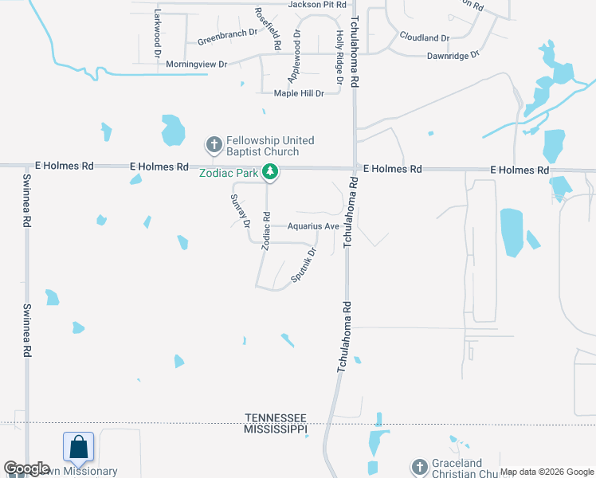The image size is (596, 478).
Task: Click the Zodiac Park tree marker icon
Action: [x=271, y=171]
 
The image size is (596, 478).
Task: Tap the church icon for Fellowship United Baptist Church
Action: [x=213, y=145]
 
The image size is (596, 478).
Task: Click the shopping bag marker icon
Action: [x=79, y=447]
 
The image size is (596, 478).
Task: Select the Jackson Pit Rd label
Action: [x=317, y=5]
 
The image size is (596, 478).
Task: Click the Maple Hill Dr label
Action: [x=299, y=93]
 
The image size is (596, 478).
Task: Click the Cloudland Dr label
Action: [x=425, y=37]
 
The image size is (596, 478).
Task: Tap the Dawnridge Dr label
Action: [x=453, y=56]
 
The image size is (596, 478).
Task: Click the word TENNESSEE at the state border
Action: [x=276, y=417]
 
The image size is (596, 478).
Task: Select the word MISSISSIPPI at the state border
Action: [x=276, y=429]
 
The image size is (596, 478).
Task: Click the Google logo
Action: [x=26, y=468]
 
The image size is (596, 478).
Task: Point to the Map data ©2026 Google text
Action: [x=546, y=472]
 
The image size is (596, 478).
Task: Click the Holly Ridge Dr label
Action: [x=339, y=57]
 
